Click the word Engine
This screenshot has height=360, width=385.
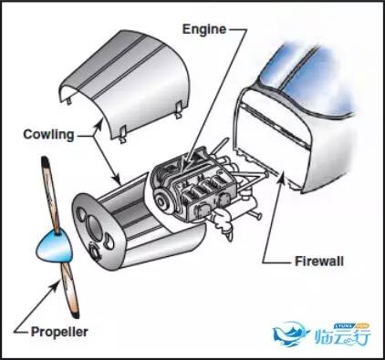(204, 29)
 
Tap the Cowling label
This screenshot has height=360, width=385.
(48, 135)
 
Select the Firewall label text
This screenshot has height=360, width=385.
(319, 262)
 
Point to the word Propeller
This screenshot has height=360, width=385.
(59, 332)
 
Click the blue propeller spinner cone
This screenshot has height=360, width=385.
(55, 246)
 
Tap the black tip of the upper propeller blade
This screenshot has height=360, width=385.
(45, 161)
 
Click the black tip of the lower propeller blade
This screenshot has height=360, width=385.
(76, 314)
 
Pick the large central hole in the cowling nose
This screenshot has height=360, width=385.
(95, 225)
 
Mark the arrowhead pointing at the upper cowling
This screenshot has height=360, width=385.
(99, 125)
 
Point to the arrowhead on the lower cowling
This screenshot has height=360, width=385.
(117, 180)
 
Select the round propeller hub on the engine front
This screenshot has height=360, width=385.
(161, 201)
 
